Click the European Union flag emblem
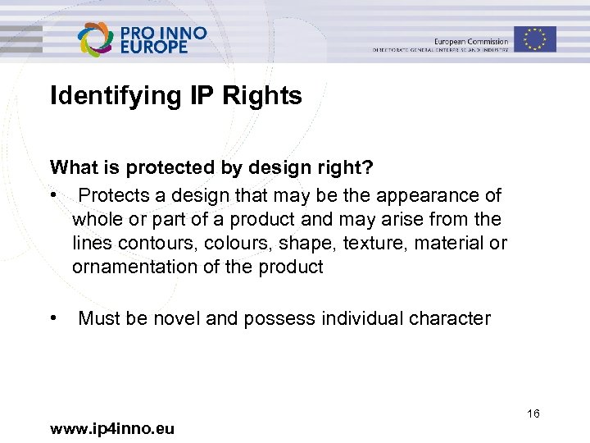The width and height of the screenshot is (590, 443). point(535,39)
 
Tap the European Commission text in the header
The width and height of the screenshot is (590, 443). point(471,41)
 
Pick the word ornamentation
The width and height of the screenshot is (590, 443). point(137,267)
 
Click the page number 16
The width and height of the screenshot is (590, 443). point(533,414)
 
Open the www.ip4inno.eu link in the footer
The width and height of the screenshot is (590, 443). point(111,427)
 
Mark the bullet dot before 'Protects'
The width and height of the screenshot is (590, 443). point(54,196)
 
